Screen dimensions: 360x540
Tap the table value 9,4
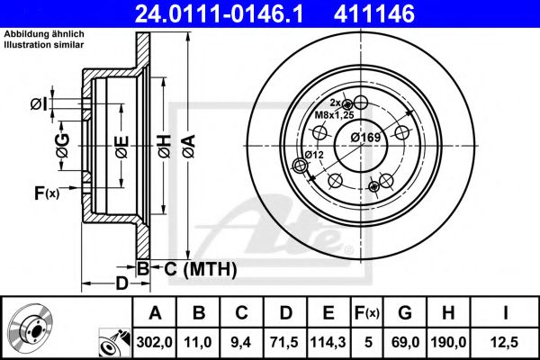tap(241, 343)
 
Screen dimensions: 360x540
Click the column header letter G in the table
tap(406, 314)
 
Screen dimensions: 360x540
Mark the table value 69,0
tap(407, 343)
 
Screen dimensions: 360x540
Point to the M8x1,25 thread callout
tap(334, 115)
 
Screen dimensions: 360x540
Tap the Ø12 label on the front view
tap(313, 154)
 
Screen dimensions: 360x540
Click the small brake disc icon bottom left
tap(28, 329)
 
